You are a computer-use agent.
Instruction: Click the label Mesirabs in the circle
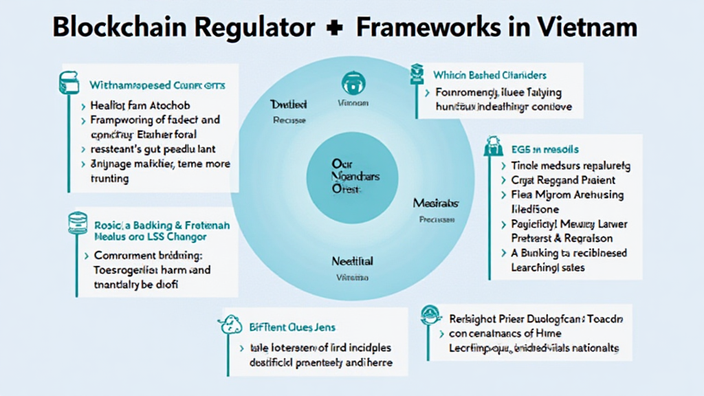[x=436, y=203]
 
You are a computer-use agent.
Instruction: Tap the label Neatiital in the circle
[x=352, y=261]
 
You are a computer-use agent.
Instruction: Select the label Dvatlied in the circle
[x=289, y=104]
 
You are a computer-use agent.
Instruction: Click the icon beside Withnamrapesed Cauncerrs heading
[x=69, y=82]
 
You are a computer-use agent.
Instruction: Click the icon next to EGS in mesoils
[x=492, y=146]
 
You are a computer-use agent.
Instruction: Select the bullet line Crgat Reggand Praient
[x=562, y=180]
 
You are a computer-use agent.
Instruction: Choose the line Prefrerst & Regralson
[x=562, y=238]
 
